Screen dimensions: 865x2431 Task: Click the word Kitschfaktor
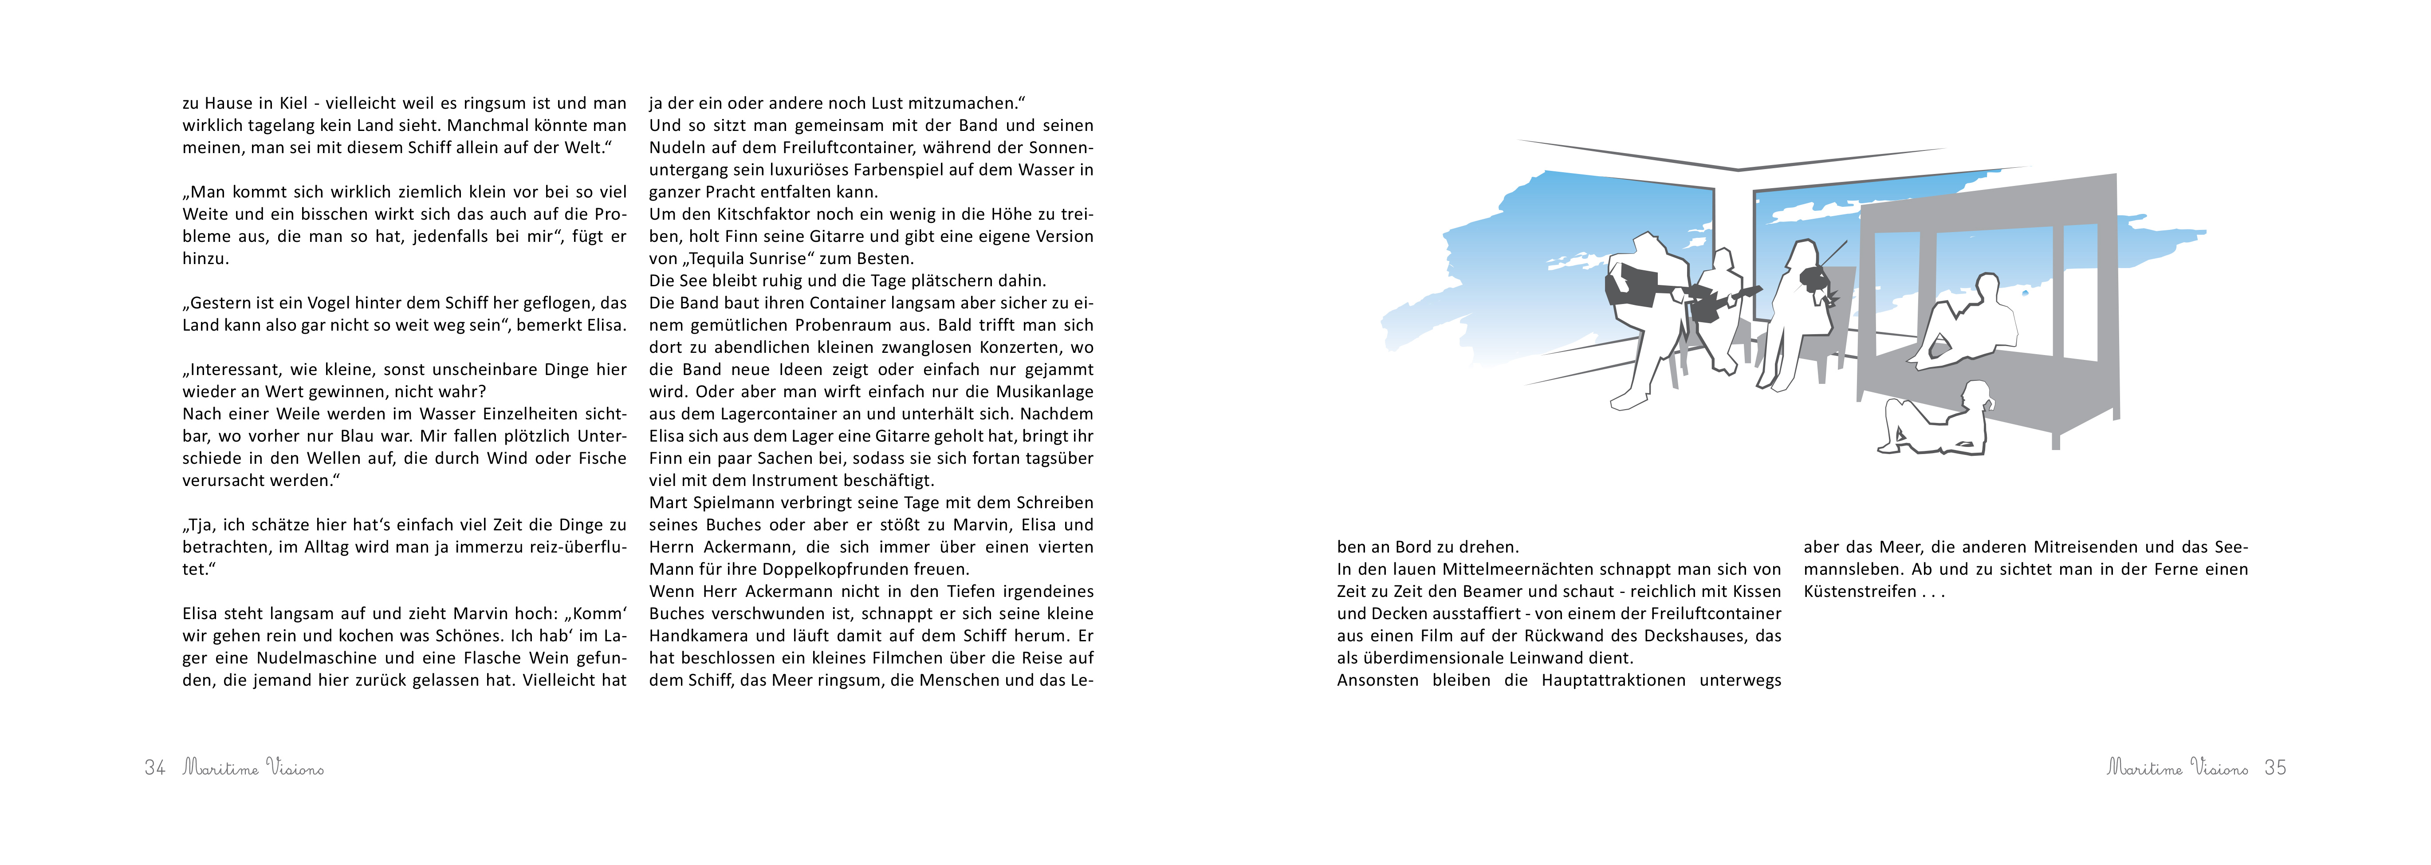point(768,214)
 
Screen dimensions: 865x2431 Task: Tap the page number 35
point(2275,768)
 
